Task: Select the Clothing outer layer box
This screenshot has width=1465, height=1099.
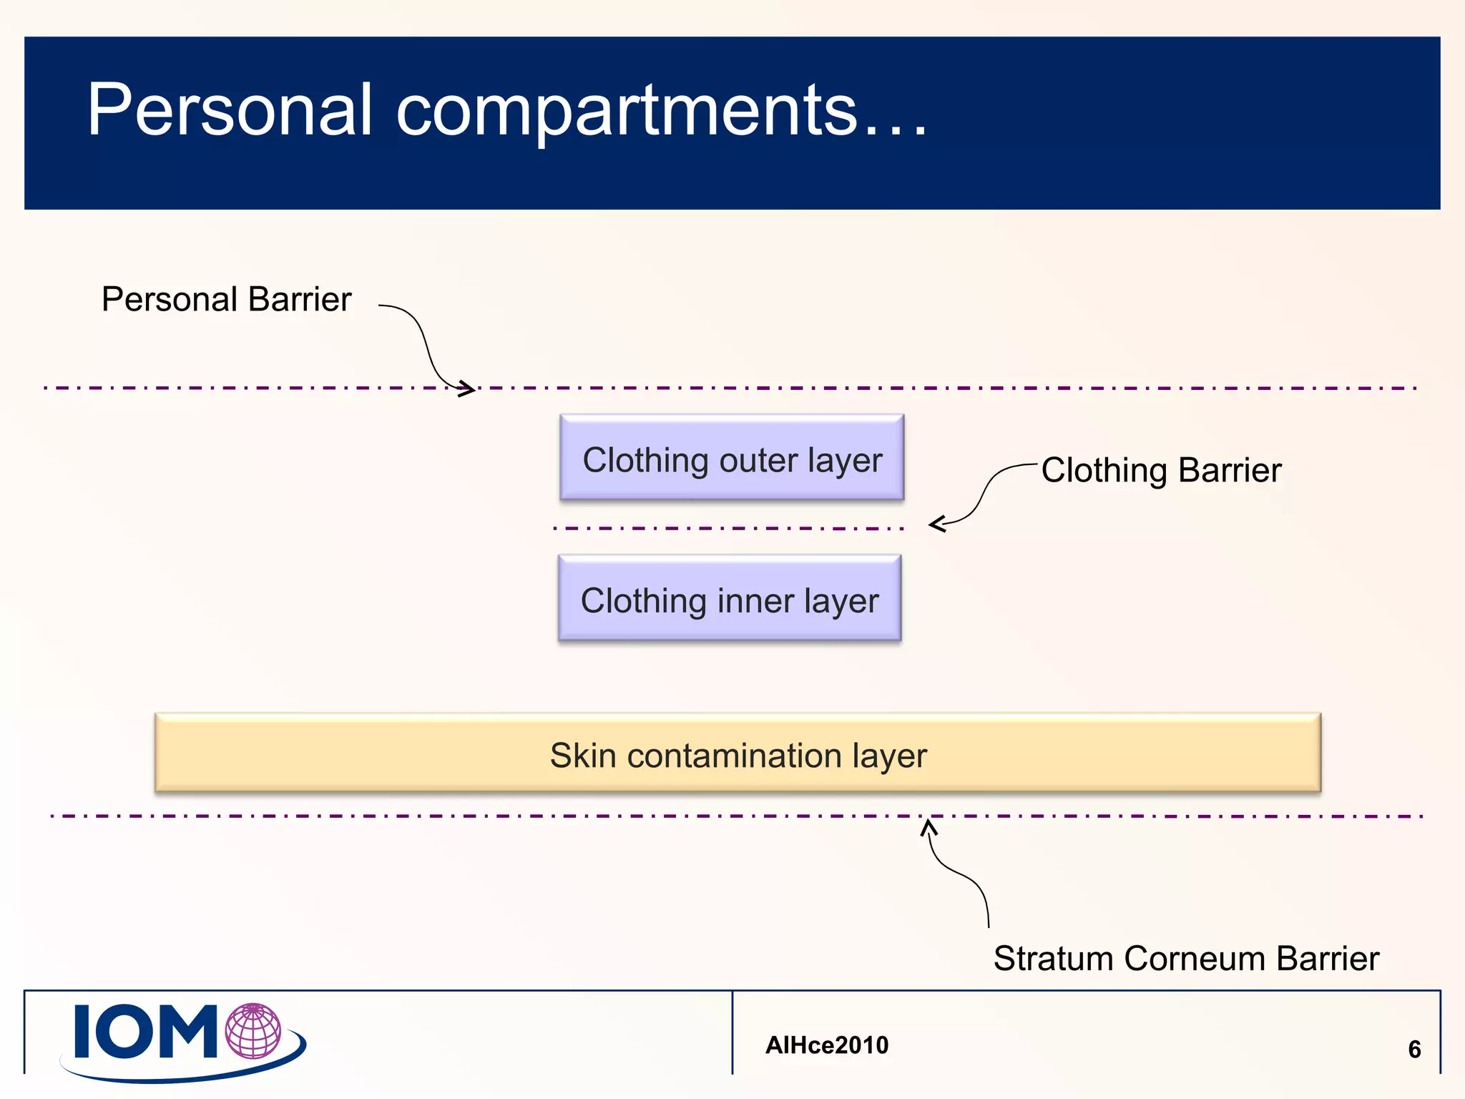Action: tap(732, 458)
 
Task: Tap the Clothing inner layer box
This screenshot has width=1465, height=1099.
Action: tap(730, 599)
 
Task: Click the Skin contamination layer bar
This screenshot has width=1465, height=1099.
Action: tap(738, 753)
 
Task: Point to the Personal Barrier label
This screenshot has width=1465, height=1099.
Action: tap(226, 299)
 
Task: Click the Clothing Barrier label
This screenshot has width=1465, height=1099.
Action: tap(1160, 470)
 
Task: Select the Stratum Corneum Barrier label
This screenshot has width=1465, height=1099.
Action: tap(1185, 958)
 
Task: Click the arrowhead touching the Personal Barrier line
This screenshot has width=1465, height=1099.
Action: tap(467, 389)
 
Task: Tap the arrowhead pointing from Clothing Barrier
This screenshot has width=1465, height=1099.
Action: tap(936, 524)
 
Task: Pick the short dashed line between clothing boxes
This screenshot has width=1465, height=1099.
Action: tap(728, 528)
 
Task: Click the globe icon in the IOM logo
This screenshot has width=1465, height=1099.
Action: tap(253, 1030)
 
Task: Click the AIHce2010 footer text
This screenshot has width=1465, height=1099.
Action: tap(826, 1045)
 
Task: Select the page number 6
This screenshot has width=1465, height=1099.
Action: tap(1413, 1049)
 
